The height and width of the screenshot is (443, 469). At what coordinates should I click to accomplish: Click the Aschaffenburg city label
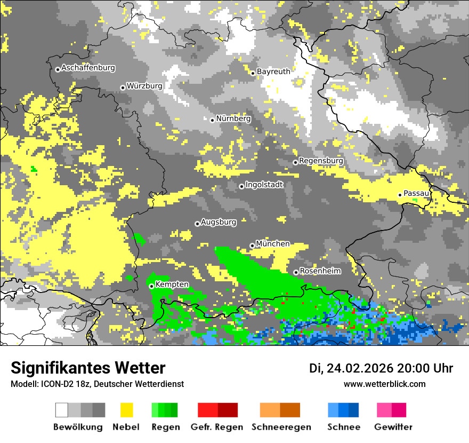[88, 68]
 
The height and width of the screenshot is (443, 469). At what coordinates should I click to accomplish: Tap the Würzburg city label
[144, 86]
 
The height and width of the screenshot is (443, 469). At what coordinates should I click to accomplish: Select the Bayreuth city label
[273, 72]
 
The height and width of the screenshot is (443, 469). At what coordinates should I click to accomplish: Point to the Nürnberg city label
[233, 119]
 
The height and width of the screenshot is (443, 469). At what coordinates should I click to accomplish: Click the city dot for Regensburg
[295, 162]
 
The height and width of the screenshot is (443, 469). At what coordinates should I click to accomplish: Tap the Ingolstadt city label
[264, 185]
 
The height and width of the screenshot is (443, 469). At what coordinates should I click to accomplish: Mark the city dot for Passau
[400, 195]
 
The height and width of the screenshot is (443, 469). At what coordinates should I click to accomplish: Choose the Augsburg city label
[219, 222]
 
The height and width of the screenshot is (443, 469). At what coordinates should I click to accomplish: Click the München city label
[273, 244]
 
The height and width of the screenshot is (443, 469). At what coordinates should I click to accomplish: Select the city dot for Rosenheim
[296, 272]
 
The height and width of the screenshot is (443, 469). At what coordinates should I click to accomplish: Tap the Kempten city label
[172, 284]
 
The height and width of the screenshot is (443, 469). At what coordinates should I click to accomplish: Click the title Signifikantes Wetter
[88, 368]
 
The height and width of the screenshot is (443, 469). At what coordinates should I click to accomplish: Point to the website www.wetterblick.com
[384, 384]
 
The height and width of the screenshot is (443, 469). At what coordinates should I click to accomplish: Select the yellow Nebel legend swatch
[126, 410]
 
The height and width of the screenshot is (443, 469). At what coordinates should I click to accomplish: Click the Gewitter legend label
[393, 427]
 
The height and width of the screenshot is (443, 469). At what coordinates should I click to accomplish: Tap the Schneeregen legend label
[281, 427]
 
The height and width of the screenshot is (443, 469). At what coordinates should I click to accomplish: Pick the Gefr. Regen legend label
[217, 427]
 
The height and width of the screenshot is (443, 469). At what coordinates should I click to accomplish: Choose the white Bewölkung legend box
[62, 410]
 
